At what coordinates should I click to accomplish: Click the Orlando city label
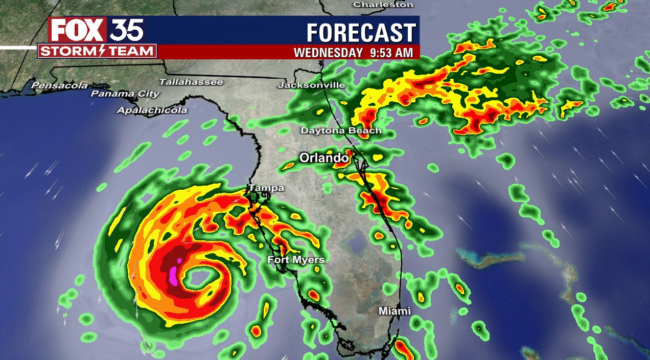(323, 158)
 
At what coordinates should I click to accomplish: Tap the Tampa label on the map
(266, 188)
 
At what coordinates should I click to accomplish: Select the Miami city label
(394, 311)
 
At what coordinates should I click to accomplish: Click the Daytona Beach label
(341, 130)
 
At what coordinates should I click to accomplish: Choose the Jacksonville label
(311, 85)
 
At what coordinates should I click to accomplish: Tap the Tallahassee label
(191, 82)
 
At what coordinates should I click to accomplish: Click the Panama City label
(125, 94)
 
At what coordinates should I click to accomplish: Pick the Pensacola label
(60, 85)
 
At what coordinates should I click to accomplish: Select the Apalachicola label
(152, 110)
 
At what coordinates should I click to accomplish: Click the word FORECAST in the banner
(361, 33)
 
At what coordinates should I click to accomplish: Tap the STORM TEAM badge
(97, 51)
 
